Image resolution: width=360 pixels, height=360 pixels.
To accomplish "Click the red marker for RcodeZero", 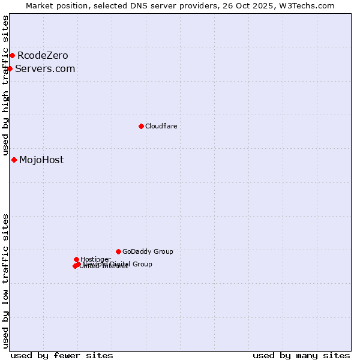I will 12,56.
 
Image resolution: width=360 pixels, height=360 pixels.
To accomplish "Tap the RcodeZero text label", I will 43,56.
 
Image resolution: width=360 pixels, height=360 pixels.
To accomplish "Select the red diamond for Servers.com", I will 10,68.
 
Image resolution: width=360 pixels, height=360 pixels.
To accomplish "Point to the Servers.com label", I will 45,68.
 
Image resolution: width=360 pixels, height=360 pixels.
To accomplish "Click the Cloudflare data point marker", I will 141,126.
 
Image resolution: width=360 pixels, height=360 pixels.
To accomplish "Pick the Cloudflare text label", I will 161,126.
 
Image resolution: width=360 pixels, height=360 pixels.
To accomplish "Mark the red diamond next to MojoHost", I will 14,160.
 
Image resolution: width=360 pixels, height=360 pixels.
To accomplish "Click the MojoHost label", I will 41,160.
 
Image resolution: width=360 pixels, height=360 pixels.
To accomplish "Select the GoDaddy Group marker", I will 118,251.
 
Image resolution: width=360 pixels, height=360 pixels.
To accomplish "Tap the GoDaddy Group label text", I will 148,251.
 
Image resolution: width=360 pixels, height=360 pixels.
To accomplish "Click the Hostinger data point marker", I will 76,259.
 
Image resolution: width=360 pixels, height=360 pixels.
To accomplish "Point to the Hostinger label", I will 95,259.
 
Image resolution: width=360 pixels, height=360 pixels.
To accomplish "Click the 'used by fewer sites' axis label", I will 62,355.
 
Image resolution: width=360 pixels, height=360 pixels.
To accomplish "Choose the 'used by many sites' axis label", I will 301,355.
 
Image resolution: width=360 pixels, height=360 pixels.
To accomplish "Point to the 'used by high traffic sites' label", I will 5,86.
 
